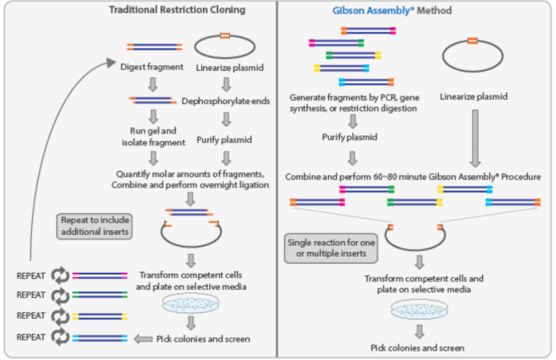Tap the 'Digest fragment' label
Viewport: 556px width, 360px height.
coord(152,66)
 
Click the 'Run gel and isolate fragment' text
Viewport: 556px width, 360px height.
coord(153,136)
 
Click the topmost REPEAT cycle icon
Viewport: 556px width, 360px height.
coord(59,274)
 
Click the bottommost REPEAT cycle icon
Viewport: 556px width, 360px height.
coord(59,337)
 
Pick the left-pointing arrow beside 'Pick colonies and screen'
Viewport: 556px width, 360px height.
coord(142,339)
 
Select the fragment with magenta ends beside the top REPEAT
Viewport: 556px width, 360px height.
coord(100,274)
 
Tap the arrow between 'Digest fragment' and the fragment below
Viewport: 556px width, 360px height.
coord(152,83)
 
